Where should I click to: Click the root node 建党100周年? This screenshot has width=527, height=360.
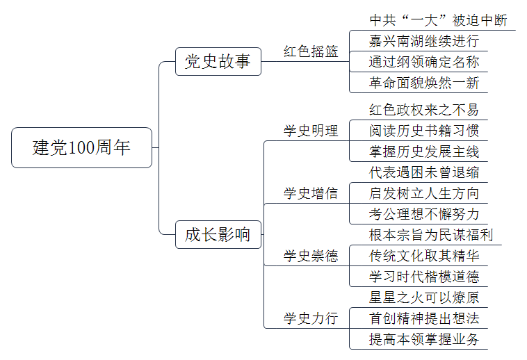click(x=81, y=147)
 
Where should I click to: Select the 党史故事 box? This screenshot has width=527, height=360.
click(x=218, y=61)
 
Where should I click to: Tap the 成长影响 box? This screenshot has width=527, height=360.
click(x=218, y=234)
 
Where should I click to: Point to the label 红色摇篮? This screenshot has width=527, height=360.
click(x=311, y=51)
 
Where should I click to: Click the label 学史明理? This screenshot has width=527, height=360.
click(x=311, y=131)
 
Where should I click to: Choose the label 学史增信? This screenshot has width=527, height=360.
click(x=311, y=193)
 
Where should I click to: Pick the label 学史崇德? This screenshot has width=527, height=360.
click(x=311, y=256)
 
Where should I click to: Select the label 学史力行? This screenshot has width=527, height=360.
click(x=311, y=318)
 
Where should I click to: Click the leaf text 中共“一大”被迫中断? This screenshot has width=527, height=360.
click(x=438, y=20)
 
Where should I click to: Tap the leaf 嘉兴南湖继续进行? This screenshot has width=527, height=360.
click(x=424, y=41)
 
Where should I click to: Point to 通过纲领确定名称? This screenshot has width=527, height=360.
click(x=424, y=62)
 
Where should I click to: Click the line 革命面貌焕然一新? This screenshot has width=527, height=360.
click(x=424, y=83)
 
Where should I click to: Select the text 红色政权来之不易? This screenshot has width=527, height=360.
click(x=424, y=110)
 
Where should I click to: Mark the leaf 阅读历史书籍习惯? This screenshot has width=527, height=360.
click(x=424, y=131)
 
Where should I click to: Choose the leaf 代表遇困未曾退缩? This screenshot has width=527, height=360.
click(x=424, y=172)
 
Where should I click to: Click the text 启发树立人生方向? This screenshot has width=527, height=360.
click(x=424, y=193)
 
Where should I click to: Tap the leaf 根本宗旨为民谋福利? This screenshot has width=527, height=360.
click(x=431, y=235)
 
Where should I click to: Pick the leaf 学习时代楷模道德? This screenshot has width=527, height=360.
click(x=424, y=277)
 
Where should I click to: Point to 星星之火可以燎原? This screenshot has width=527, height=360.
click(x=424, y=297)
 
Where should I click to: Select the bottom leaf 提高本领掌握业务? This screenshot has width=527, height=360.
click(x=424, y=339)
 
